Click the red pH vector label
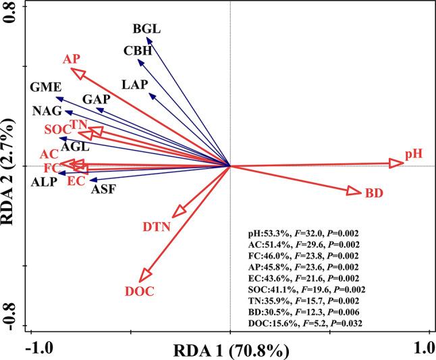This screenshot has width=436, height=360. pos(414,155)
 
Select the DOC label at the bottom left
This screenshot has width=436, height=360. pos(140,292)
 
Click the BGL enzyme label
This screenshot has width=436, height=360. pos(147,29)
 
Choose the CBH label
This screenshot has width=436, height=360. pos(138,51)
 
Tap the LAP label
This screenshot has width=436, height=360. pos(136,85)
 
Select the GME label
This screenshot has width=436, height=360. pos(46,88)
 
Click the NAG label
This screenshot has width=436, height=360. pos(47,111)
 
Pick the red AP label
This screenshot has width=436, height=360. pos(72,59)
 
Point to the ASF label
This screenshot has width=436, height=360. pos(103,190)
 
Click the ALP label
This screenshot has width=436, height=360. pos(45,182)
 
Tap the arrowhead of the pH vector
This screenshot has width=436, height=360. pos(396,162)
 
